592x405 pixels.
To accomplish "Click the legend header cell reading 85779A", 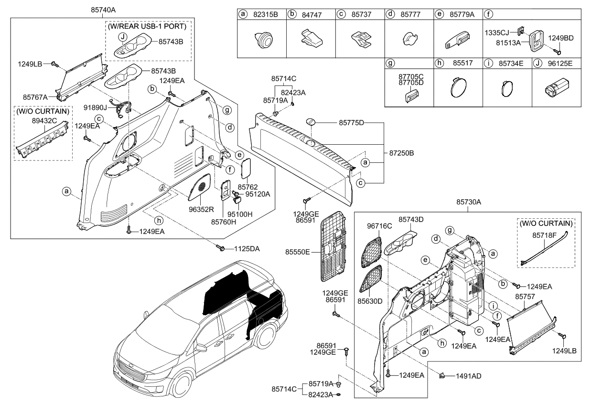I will coord(462,15).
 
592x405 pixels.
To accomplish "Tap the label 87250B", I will coord(401,153).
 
